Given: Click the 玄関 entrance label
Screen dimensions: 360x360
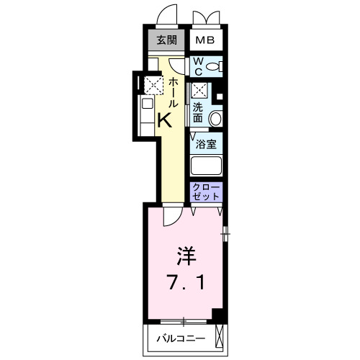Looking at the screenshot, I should click(x=166, y=39).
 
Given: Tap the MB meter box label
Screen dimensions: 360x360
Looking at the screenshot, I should click(x=205, y=39).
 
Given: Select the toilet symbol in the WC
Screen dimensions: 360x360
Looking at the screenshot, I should click(x=213, y=67).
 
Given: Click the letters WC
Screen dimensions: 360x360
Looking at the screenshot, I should click(x=197, y=66).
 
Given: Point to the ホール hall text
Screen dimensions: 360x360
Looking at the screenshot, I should click(x=174, y=92).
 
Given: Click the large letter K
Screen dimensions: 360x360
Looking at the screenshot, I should click(x=165, y=121).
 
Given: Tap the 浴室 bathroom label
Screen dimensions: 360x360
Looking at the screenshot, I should click(x=207, y=143).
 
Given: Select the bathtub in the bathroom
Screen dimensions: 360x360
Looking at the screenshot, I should click(x=206, y=164).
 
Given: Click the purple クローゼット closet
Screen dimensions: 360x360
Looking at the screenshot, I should click(x=207, y=192).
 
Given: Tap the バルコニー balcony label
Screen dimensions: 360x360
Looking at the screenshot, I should click(x=181, y=338).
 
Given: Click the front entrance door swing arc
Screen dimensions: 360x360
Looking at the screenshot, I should click(x=167, y=16).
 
